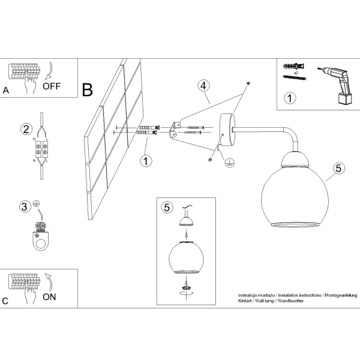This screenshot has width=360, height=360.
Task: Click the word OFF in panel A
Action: tap(52, 86)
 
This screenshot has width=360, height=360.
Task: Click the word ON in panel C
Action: tap(49, 296)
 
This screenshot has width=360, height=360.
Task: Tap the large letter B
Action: tap(88, 90)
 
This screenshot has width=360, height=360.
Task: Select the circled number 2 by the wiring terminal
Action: tap(26, 129)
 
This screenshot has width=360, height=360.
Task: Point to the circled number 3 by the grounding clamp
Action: tap(25, 206)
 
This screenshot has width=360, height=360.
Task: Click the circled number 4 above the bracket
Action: tap(203, 86)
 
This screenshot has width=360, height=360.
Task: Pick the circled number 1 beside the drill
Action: tap(290, 98)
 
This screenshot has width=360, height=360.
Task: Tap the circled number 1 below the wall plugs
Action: tap(146, 161)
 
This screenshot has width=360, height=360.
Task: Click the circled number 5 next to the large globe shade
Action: tap(338, 168)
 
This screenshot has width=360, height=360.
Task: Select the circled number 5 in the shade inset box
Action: tap(167, 208)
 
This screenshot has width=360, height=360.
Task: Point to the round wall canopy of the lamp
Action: tap(227, 130)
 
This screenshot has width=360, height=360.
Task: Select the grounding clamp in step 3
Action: tap(41, 236)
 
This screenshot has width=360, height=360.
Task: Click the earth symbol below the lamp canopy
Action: tap(229, 163)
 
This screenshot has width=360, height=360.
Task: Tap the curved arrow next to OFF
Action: tap(49, 71)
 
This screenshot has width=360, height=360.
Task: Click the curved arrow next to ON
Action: tap(49, 282)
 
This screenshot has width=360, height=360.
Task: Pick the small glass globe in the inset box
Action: tap(186, 257)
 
